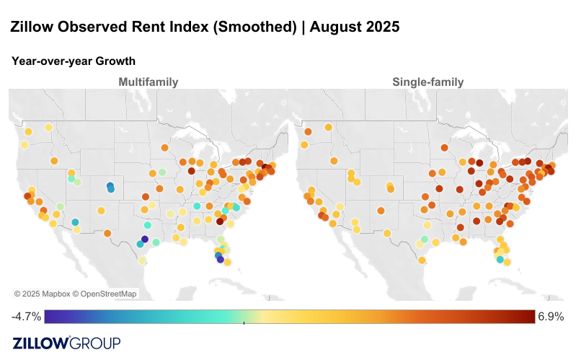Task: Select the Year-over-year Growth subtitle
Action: pyautogui.click(x=74, y=61)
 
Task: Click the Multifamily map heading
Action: pyautogui.click(x=149, y=82)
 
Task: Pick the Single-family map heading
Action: pyautogui.click(x=427, y=82)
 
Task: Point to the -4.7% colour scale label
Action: pyautogui.click(x=26, y=317)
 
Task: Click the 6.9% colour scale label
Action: pyautogui.click(x=551, y=317)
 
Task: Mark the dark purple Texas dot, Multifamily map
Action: pyautogui.click(x=145, y=239)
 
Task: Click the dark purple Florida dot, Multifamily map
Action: pyautogui.click(x=221, y=260)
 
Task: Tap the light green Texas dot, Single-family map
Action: pyautogui.click(x=425, y=239)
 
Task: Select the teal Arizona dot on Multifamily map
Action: pyautogui.click(x=75, y=222)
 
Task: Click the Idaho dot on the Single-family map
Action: pyautogui.click(x=350, y=174)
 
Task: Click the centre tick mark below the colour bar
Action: pyautogui.click(x=244, y=323)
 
